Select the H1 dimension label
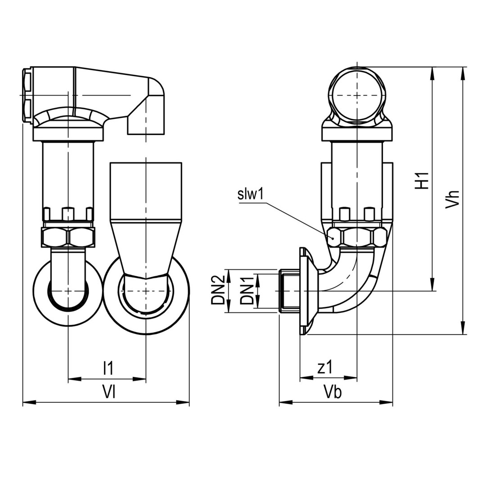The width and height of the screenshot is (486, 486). point(422,180)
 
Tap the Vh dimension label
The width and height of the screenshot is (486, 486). point(452,198)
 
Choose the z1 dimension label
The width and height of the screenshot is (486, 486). point(324,368)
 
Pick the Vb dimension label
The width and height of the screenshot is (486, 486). point(333,392)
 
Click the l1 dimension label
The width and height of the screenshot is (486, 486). point(108,368)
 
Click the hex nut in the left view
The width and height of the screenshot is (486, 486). point(68,237)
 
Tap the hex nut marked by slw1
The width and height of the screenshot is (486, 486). point(357,236)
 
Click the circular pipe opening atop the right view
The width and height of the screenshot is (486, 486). point(357,95)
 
